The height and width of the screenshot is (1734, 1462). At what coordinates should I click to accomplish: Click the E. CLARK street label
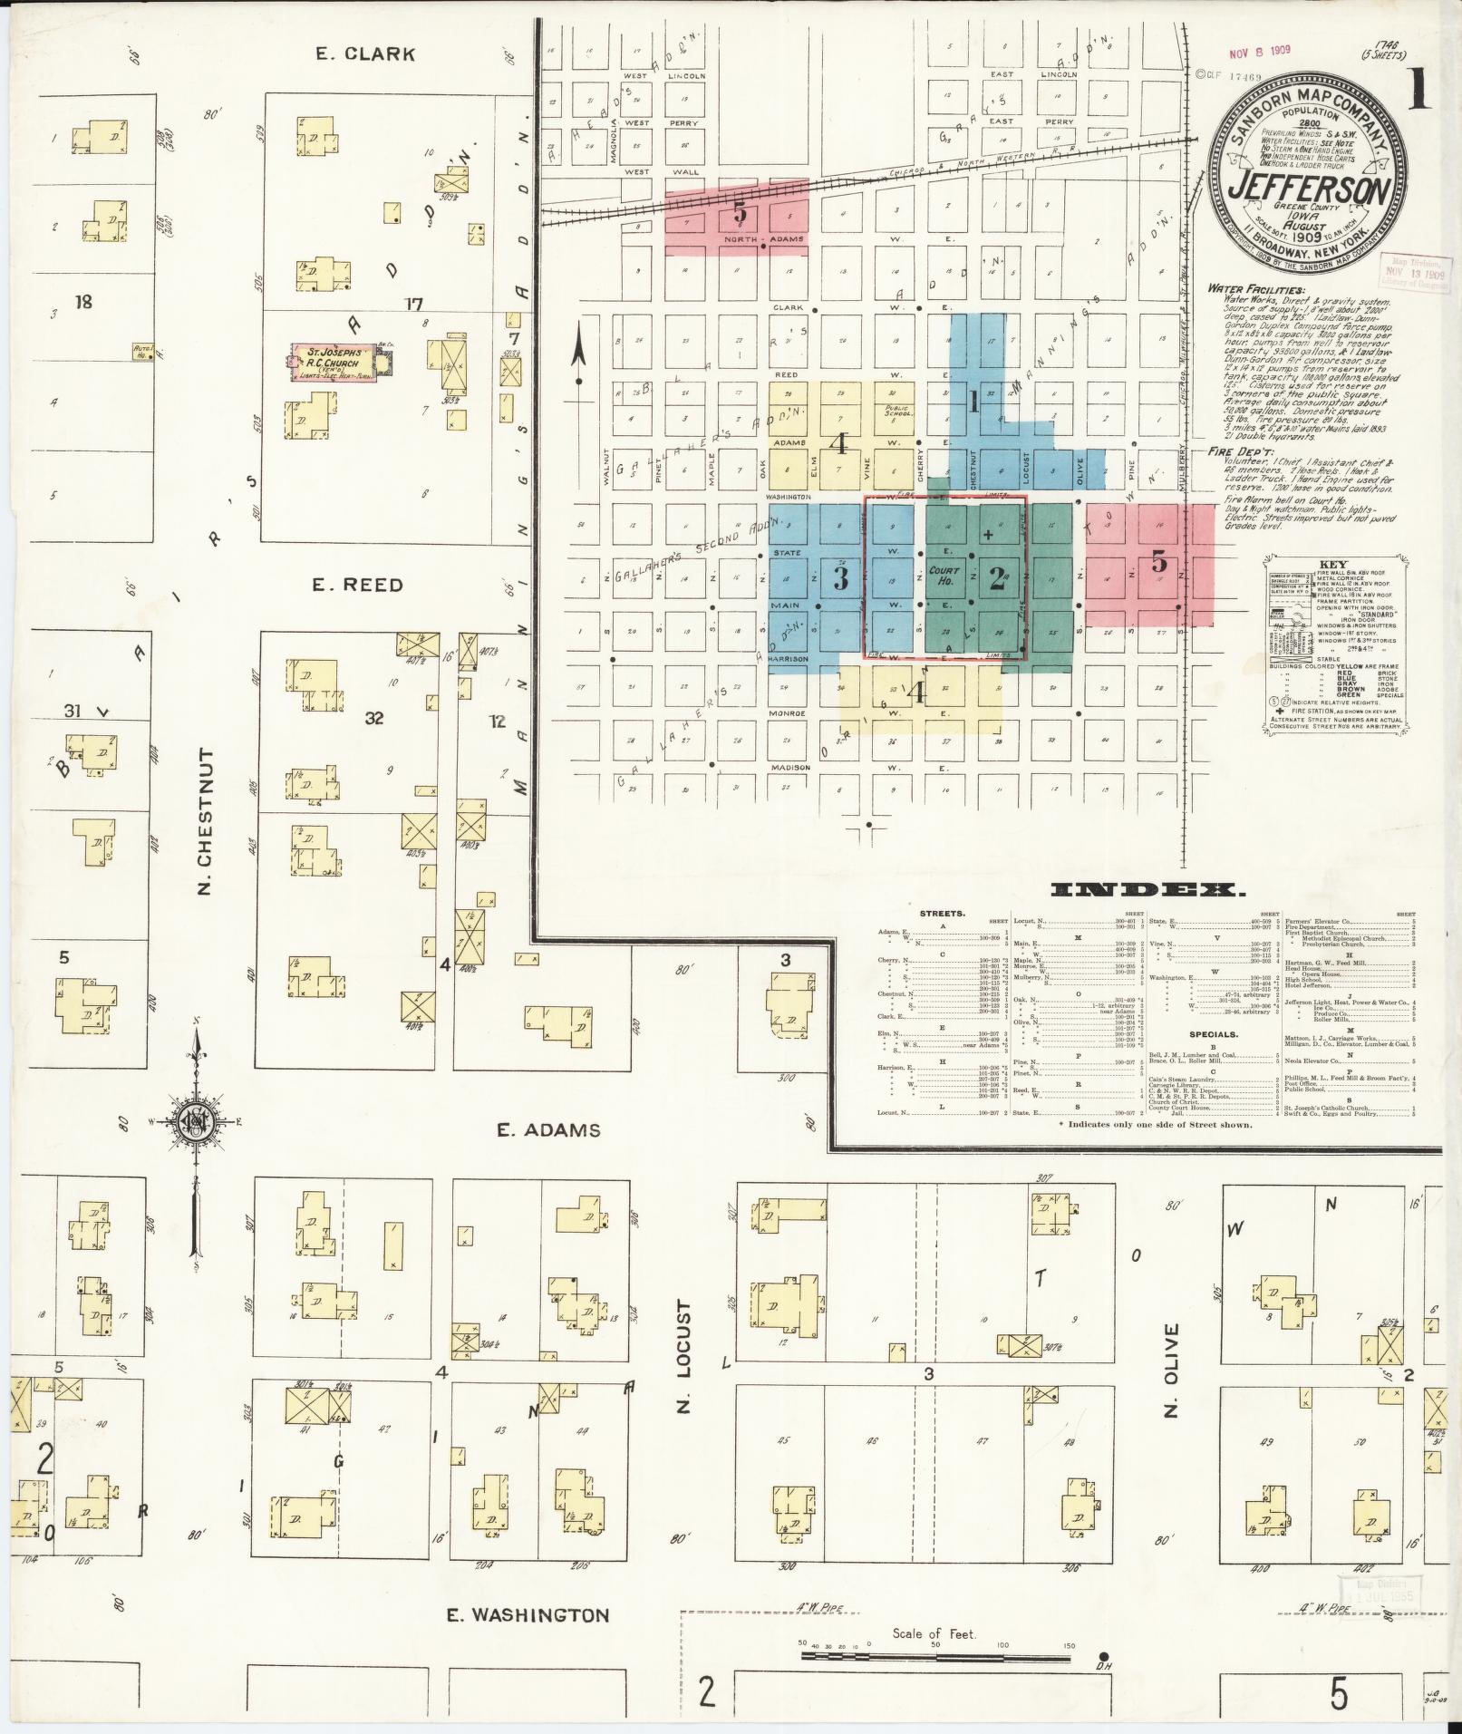point(365,53)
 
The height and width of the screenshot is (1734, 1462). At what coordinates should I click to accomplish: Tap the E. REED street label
point(358,585)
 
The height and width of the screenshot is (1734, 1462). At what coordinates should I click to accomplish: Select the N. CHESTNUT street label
point(205,821)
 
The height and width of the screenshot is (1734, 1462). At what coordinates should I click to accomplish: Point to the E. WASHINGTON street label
point(529,1614)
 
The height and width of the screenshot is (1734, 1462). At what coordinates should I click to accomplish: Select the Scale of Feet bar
point(934,1656)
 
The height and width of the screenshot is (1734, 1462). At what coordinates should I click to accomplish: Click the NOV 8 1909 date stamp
point(1261,53)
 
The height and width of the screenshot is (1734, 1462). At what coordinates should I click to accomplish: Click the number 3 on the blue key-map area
point(841,578)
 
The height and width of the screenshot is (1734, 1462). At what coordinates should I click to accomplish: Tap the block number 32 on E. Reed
point(373,718)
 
